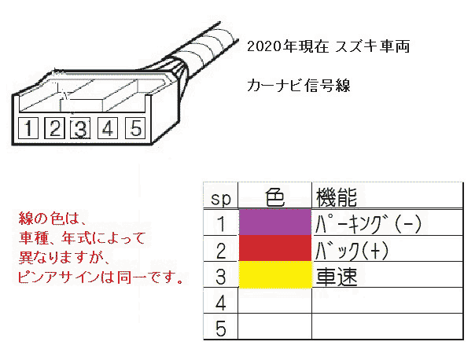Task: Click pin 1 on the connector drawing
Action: pyautogui.click(x=28, y=128)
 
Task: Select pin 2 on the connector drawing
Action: pyautogui.click(x=54, y=128)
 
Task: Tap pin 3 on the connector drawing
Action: pyautogui.click(x=80, y=129)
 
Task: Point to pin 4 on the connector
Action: pyautogui.click(x=108, y=128)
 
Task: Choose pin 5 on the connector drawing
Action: pyautogui.click(x=135, y=128)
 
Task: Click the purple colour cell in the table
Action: pyautogui.click(x=275, y=222)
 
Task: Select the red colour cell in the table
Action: pyautogui.click(x=275, y=248)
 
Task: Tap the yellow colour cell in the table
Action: pyautogui.click(x=275, y=274)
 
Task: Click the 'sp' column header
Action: pyautogui.click(x=221, y=199)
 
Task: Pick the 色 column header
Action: pyautogui.click(x=275, y=197)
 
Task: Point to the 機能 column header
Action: pyautogui.click(x=337, y=197)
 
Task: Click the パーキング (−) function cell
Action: pyautogui.click(x=368, y=224)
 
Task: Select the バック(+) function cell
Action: pyautogui.click(x=352, y=251)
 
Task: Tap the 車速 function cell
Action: pyautogui.click(x=337, y=277)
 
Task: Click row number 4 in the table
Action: pyautogui.click(x=220, y=303)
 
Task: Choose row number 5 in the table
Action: pyautogui.click(x=220, y=329)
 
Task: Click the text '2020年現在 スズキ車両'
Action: pyautogui.click(x=329, y=46)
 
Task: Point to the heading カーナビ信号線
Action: pyautogui.click(x=299, y=86)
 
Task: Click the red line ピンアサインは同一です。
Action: pyautogui.click(x=101, y=277)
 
